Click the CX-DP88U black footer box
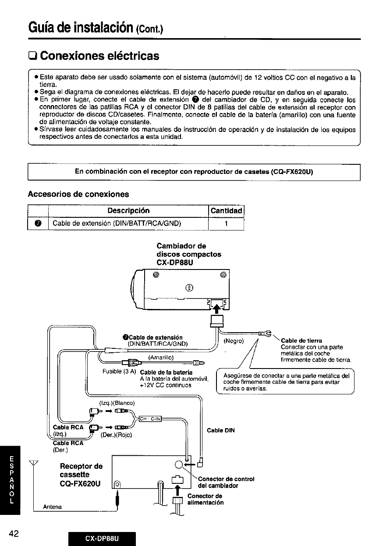(102, 538)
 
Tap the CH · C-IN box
(150, 419)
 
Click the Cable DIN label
(220, 430)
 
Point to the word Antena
(52, 507)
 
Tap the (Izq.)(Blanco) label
(117, 403)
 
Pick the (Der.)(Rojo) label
(116, 435)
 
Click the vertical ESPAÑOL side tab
(13, 480)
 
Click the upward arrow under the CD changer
(216, 305)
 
